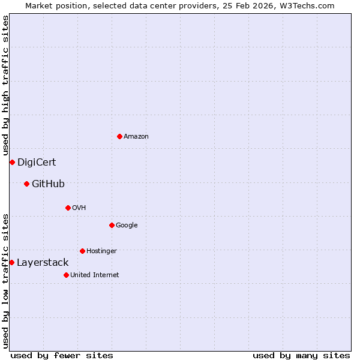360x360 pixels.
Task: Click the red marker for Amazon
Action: pos(119,136)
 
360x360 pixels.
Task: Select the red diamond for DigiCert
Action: pos(12,162)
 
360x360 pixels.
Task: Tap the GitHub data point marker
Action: pos(26,184)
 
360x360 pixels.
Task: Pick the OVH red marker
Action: pos(68,208)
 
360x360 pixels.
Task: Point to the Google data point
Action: pos(112,225)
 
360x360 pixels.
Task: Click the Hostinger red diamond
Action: pos(82,251)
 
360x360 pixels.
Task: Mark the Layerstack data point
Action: pos(11,262)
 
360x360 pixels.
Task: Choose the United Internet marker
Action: pos(66,275)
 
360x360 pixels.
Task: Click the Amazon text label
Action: pos(136,137)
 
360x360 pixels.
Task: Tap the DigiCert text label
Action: pos(37,163)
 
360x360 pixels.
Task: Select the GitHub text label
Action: pos(48,184)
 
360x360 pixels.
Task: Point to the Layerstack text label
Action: pos(43,263)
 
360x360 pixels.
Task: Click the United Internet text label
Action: pos(95,275)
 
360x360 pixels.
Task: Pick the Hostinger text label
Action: pos(101,251)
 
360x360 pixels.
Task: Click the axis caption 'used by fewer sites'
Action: pos(62,355)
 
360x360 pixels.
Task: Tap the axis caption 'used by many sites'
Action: pos(301,355)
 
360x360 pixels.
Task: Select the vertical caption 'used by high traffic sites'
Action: pos(5,86)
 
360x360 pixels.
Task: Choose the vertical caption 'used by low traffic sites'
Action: pos(5,280)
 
